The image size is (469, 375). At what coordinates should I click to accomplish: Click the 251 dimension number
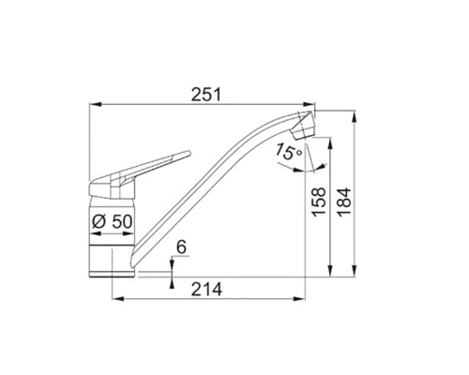pyautogui.click(x=206, y=95)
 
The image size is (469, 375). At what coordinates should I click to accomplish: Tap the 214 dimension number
pyautogui.click(x=206, y=289)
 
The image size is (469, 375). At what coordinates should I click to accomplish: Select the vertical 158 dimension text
pyautogui.click(x=319, y=202)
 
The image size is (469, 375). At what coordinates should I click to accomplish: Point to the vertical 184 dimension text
pyautogui.click(x=344, y=202)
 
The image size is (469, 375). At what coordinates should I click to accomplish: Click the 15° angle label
pyautogui.click(x=289, y=151)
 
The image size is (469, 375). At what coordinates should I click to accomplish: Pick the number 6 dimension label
pyautogui.click(x=181, y=247)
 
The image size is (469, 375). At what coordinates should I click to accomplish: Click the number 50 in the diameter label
pyautogui.click(x=122, y=222)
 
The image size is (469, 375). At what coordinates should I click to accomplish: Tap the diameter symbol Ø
pyautogui.click(x=98, y=222)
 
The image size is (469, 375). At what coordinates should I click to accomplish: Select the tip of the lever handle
pyautogui.click(x=189, y=153)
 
